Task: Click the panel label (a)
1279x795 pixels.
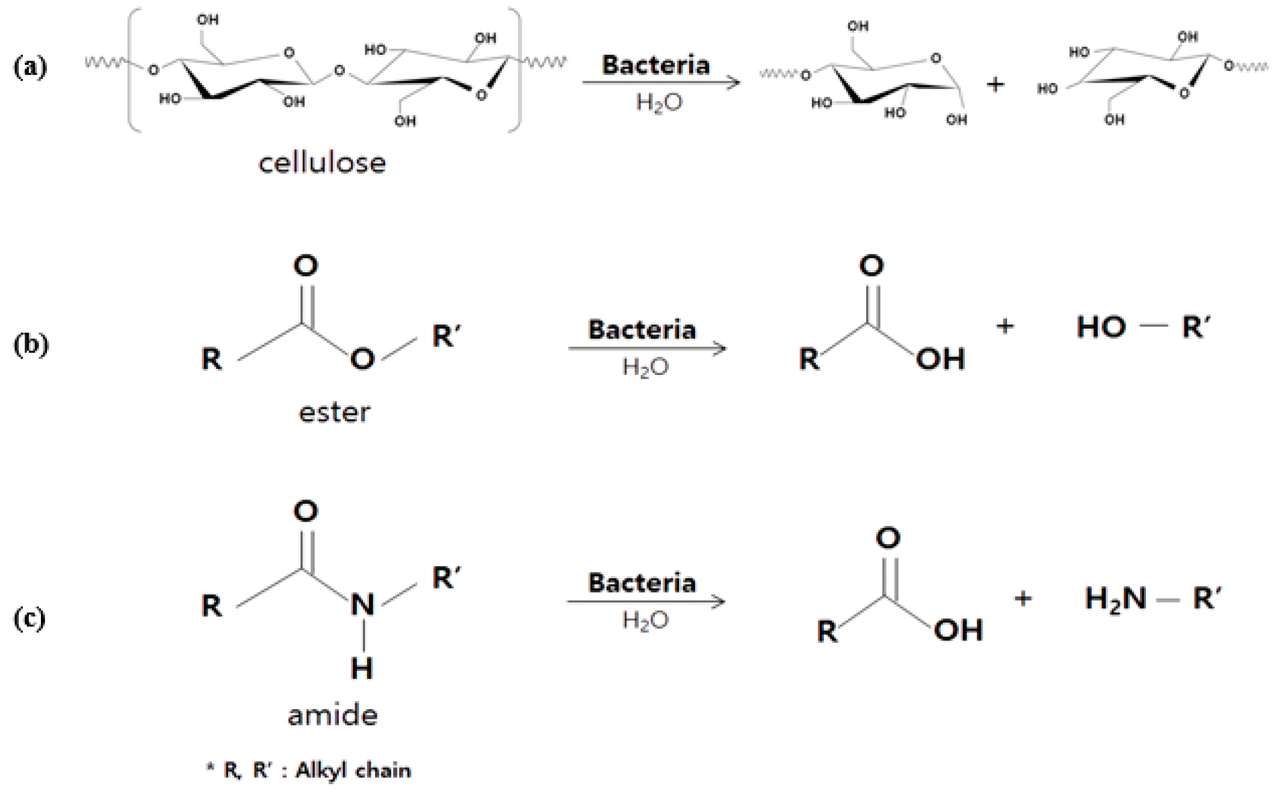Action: [29, 67]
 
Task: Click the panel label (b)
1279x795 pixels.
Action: [30, 345]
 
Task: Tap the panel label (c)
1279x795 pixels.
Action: [29, 619]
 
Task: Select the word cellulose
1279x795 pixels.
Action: [322, 163]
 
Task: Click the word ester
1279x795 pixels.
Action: [334, 413]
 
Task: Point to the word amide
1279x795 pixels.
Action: [332, 715]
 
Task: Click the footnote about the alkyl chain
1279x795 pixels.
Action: [309, 770]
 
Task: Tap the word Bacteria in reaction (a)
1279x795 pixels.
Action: [655, 65]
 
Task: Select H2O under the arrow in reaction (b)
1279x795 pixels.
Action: [645, 367]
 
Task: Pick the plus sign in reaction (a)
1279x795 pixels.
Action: [996, 84]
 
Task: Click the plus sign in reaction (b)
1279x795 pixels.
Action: [1005, 327]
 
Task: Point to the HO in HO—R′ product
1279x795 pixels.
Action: [1101, 327]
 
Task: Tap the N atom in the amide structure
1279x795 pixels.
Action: [362, 604]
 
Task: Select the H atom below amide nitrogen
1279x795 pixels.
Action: [362, 667]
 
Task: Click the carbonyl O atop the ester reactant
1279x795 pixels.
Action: [306, 265]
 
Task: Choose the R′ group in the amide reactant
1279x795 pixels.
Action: [447, 578]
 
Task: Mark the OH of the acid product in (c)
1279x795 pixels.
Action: [958, 630]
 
